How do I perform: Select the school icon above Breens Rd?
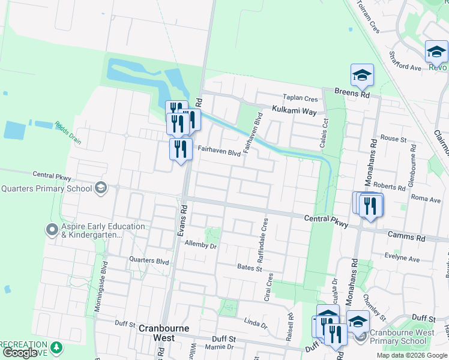pyautogui.click(x=362, y=75)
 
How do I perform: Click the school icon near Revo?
pyautogui.click(x=436, y=52)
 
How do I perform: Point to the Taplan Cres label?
pyautogui.click(x=300, y=98)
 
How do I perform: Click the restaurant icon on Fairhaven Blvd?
pyautogui.click(x=180, y=148)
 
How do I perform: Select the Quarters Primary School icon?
pyautogui.click(x=101, y=188)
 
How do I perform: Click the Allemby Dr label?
pyautogui.click(x=200, y=245)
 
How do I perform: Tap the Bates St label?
pyautogui.click(x=250, y=267)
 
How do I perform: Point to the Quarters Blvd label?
pyautogui.click(x=149, y=261)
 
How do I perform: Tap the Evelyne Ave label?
pyautogui.click(x=402, y=259)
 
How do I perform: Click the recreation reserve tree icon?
pyautogui.click(x=56, y=347)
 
